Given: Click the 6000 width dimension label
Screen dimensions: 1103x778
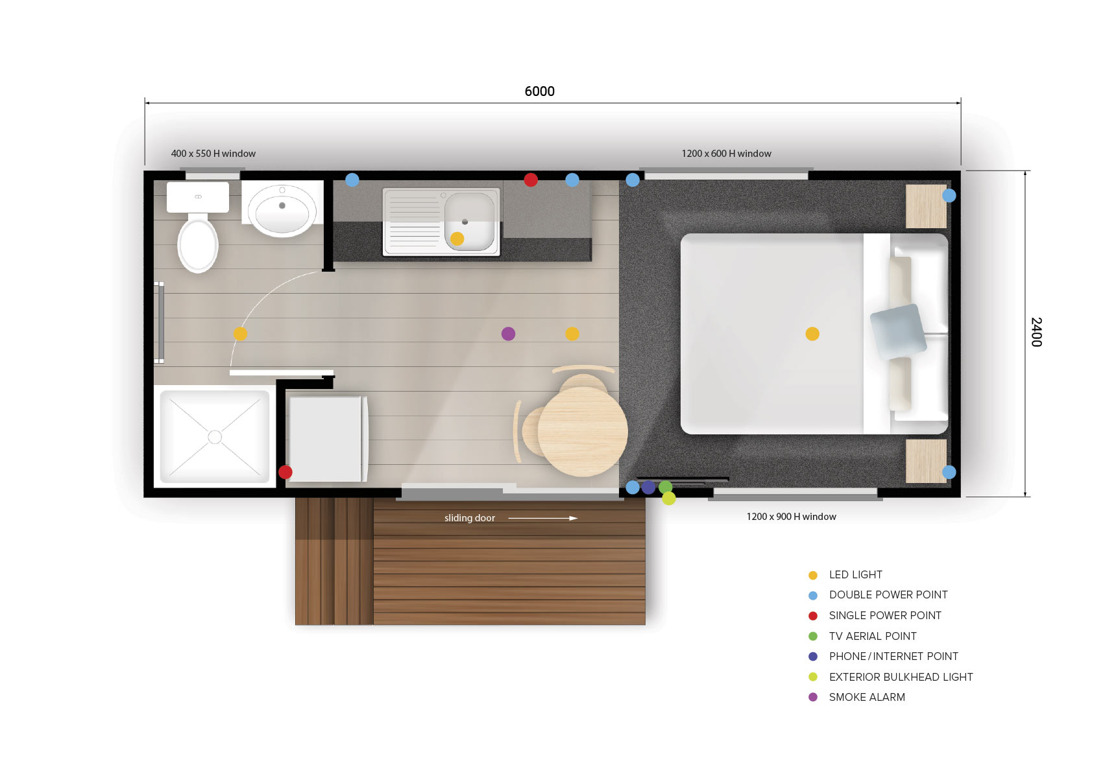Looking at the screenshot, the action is (x=539, y=91).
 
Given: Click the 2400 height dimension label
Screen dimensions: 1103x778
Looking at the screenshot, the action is (x=1036, y=332).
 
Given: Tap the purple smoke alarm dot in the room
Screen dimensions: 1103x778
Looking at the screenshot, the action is (x=508, y=334).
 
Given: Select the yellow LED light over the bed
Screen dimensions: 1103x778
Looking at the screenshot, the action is (x=812, y=334).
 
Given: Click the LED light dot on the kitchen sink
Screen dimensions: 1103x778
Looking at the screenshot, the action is (x=457, y=239).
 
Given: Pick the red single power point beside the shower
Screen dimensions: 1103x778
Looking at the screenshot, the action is (x=285, y=473).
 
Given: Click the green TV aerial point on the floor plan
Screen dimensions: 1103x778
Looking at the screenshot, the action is (x=665, y=487).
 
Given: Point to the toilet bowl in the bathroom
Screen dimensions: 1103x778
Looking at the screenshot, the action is (x=198, y=244).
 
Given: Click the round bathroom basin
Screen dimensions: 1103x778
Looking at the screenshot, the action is (x=282, y=211).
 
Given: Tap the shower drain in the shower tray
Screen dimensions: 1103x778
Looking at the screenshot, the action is (x=215, y=437).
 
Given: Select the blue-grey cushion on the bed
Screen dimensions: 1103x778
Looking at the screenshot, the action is (x=898, y=331).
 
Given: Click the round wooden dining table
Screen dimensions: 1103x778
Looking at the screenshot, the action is (x=583, y=432).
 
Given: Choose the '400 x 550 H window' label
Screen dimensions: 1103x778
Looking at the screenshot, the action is (x=213, y=154).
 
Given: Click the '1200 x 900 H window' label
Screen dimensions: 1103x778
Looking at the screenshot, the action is (x=792, y=517).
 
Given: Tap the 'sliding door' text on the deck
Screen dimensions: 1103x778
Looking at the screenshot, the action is (x=469, y=518).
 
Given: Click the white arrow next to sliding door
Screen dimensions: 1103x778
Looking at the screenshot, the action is (x=542, y=518).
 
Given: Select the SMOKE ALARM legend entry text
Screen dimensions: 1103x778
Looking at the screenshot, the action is (x=867, y=698).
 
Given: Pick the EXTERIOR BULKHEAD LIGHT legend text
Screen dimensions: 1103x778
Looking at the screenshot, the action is (x=901, y=677).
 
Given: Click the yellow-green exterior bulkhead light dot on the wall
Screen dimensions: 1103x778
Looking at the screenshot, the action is (x=669, y=499).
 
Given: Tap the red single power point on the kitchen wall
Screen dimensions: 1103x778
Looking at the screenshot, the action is (x=530, y=180).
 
